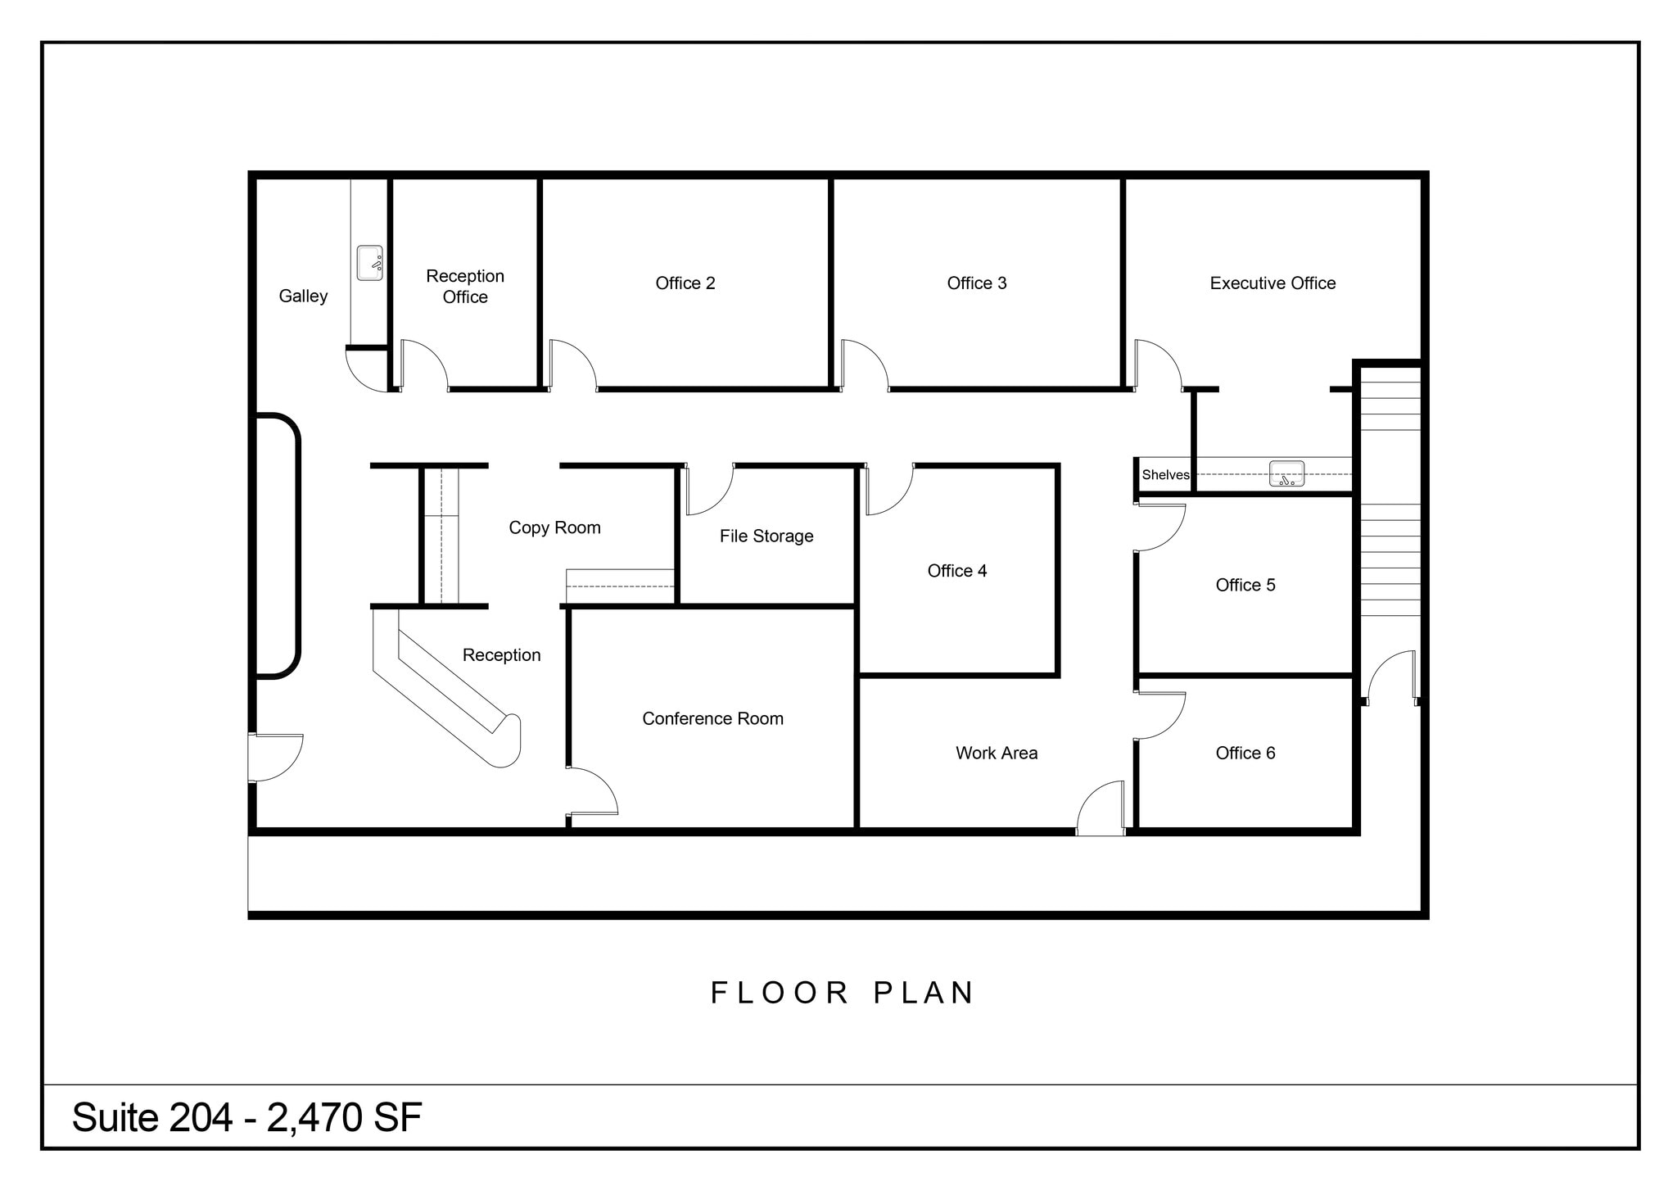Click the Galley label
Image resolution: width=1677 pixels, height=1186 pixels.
(303, 296)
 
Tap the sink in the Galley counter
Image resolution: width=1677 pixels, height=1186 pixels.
(369, 263)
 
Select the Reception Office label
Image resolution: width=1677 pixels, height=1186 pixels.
(465, 286)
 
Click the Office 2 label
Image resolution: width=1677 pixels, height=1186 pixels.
(685, 283)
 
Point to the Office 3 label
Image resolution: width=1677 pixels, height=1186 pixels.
(976, 283)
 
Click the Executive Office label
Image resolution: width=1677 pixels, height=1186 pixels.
(1272, 283)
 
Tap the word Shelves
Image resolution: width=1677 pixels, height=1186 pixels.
(1165, 475)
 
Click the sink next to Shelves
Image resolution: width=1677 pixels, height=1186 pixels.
(1286, 474)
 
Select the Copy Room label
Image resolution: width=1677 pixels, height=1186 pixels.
(554, 527)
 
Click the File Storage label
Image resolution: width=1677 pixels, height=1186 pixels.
(766, 536)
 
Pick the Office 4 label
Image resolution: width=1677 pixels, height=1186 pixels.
(956, 571)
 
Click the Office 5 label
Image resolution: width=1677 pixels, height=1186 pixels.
(1245, 585)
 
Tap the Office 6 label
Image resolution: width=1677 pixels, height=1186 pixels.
(1245, 753)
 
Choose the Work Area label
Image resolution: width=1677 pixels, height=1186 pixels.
(996, 753)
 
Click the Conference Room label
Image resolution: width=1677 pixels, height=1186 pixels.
(712, 718)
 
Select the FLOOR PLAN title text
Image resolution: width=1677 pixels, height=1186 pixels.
(842, 993)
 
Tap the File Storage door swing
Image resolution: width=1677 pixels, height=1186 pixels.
(709, 491)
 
